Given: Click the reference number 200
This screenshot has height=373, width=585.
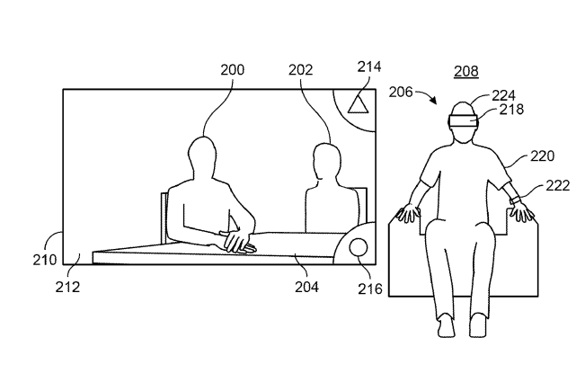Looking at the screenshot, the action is [x=233, y=70].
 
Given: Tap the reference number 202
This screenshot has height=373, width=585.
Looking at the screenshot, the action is [x=300, y=70].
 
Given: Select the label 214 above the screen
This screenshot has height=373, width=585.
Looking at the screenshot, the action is [x=369, y=67].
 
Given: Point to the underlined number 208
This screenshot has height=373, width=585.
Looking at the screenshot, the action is [x=466, y=71].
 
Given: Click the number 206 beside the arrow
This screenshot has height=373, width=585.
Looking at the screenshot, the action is [x=401, y=92].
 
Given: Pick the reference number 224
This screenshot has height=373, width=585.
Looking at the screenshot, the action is [x=503, y=96].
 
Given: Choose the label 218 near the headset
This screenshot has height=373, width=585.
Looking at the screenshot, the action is [x=511, y=110].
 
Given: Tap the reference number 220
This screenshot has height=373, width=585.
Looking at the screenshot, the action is [x=543, y=155].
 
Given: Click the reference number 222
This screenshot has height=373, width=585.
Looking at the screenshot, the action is [x=558, y=185].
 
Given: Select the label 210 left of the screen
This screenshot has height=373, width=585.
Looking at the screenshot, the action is [x=45, y=260].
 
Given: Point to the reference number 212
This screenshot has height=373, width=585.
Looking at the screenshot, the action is [x=67, y=287].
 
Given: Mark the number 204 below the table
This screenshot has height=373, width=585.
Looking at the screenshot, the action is [x=306, y=287].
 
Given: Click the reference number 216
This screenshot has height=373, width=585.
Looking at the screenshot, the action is [x=370, y=289].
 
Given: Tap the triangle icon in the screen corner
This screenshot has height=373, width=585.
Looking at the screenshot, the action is [x=359, y=104].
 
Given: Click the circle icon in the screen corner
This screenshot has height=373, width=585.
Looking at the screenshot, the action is [x=359, y=248].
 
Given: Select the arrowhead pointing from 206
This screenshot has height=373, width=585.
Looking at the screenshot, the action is [x=433, y=100].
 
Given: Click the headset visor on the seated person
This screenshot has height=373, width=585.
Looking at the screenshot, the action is [x=464, y=122].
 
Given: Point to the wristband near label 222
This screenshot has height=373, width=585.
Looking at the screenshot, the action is [x=516, y=200].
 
